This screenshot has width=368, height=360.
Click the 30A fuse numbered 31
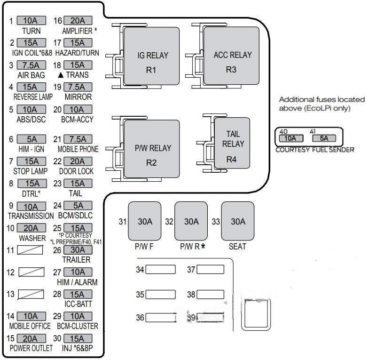145,222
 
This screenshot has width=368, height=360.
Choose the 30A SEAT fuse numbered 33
238,222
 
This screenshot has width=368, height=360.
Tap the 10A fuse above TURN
31,21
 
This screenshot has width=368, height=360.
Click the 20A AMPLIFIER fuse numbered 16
78,21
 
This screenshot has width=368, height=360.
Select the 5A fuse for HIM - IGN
31,139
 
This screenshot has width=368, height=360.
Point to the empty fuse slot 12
31,272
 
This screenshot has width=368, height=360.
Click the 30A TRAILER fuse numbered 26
78,250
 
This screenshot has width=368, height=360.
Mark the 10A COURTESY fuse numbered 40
290,138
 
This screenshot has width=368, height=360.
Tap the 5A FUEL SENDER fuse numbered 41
323,138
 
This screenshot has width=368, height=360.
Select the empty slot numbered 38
210,295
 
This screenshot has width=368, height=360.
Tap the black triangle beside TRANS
61,75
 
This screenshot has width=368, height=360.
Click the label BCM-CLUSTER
78,326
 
